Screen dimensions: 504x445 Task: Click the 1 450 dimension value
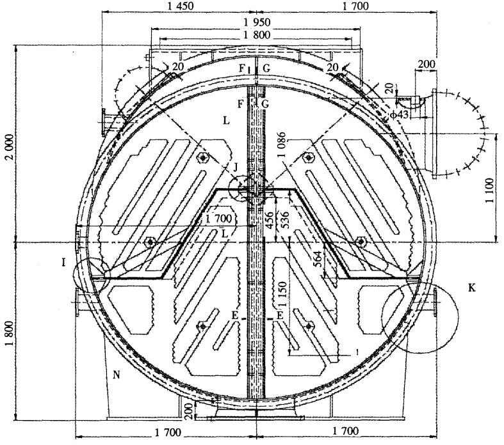181,6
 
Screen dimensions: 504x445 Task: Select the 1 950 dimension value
257,22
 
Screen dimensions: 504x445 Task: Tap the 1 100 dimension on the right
489,191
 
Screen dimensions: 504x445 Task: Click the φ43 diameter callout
400,114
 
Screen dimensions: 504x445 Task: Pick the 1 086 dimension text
282,144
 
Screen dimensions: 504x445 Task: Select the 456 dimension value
270,220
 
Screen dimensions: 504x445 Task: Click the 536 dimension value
284,220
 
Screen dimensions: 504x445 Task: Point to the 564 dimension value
316,259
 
